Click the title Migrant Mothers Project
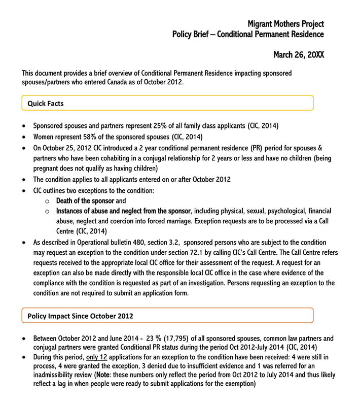click(285, 24)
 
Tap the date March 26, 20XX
click(299, 55)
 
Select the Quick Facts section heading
click(46, 104)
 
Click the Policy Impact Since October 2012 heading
click(80, 316)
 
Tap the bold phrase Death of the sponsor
click(85, 201)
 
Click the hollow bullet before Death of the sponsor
click(47, 201)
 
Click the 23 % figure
click(152, 338)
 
